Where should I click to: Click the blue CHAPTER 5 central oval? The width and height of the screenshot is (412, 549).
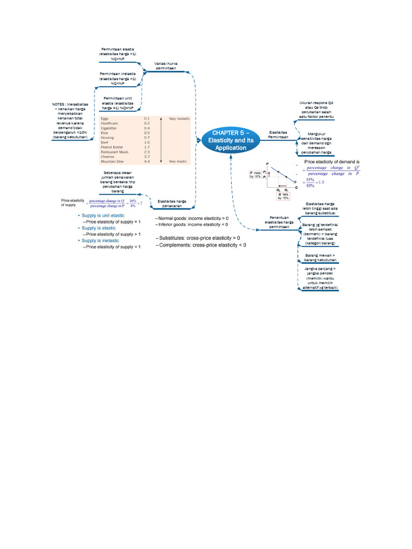click(x=230, y=140)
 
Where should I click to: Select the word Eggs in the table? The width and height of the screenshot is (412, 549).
click(x=104, y=118)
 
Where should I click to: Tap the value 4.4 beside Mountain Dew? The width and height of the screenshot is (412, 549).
click(x=146, y=161)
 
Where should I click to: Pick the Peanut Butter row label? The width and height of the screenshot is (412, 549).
click(x=112, y=146)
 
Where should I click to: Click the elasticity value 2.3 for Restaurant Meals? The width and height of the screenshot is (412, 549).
click(x=146, y=151)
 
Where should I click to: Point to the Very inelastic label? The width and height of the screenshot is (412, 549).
click(x=179, y=118)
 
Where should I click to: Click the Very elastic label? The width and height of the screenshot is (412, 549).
click(x=179, y=161)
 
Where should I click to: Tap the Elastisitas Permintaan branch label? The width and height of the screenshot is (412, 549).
click(x=278, y=135)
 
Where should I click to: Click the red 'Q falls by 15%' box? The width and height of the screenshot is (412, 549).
click(x=283, y=196)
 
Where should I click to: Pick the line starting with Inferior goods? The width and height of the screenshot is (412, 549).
click(x=193, y=225)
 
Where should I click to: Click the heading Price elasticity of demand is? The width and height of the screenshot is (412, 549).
click(x=331, y=161)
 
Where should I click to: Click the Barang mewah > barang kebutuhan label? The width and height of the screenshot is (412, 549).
click(x=320, y=258)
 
